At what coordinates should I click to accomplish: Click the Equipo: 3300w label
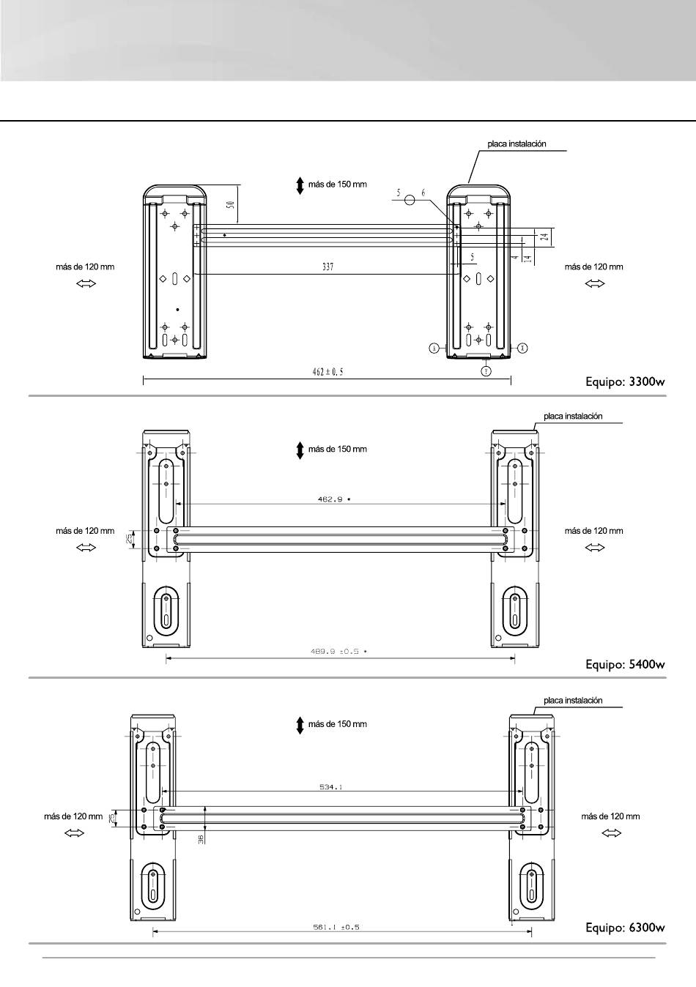point(625,381)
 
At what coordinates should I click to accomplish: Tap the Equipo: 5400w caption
point(625,665)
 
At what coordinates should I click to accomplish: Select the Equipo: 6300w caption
point(625,928)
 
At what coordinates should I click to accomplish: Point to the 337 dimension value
point(327,267)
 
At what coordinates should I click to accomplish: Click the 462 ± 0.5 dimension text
point(327,372)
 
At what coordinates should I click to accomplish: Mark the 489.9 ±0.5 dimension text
point(336,651)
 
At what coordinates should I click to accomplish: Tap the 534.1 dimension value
point(331,787)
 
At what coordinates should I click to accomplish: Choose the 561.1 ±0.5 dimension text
point(337,927)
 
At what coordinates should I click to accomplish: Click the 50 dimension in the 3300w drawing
point(230,204)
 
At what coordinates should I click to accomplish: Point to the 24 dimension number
point(545,236)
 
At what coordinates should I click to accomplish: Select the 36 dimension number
point(201,839)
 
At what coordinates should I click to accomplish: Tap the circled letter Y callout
point(486,370)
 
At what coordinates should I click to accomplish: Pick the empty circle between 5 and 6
point(410,198)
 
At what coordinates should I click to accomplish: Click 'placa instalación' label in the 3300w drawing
point(517,144)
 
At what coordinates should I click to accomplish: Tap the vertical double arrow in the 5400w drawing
point(300,450)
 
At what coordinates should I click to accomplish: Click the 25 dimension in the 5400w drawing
point(130,540)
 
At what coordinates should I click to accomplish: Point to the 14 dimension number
point(527,258)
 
